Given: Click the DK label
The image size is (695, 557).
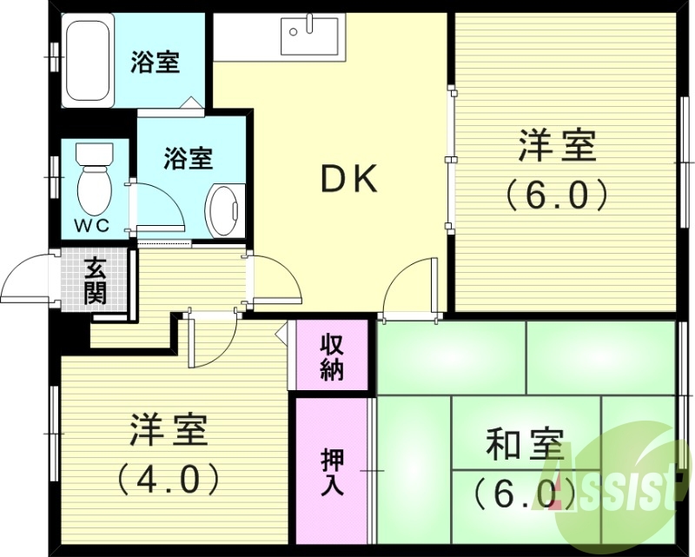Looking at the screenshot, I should point(350,179).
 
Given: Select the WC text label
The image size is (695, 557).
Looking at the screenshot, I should point(90,225).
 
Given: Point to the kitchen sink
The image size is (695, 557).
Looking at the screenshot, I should point(310,36).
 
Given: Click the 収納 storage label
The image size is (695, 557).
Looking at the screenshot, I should point(332,355).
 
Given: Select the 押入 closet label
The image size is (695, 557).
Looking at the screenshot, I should point(332,470).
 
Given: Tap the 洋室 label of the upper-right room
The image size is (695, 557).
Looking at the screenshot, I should point(557,145).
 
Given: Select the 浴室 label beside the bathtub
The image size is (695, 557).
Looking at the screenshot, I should point(156,63).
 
